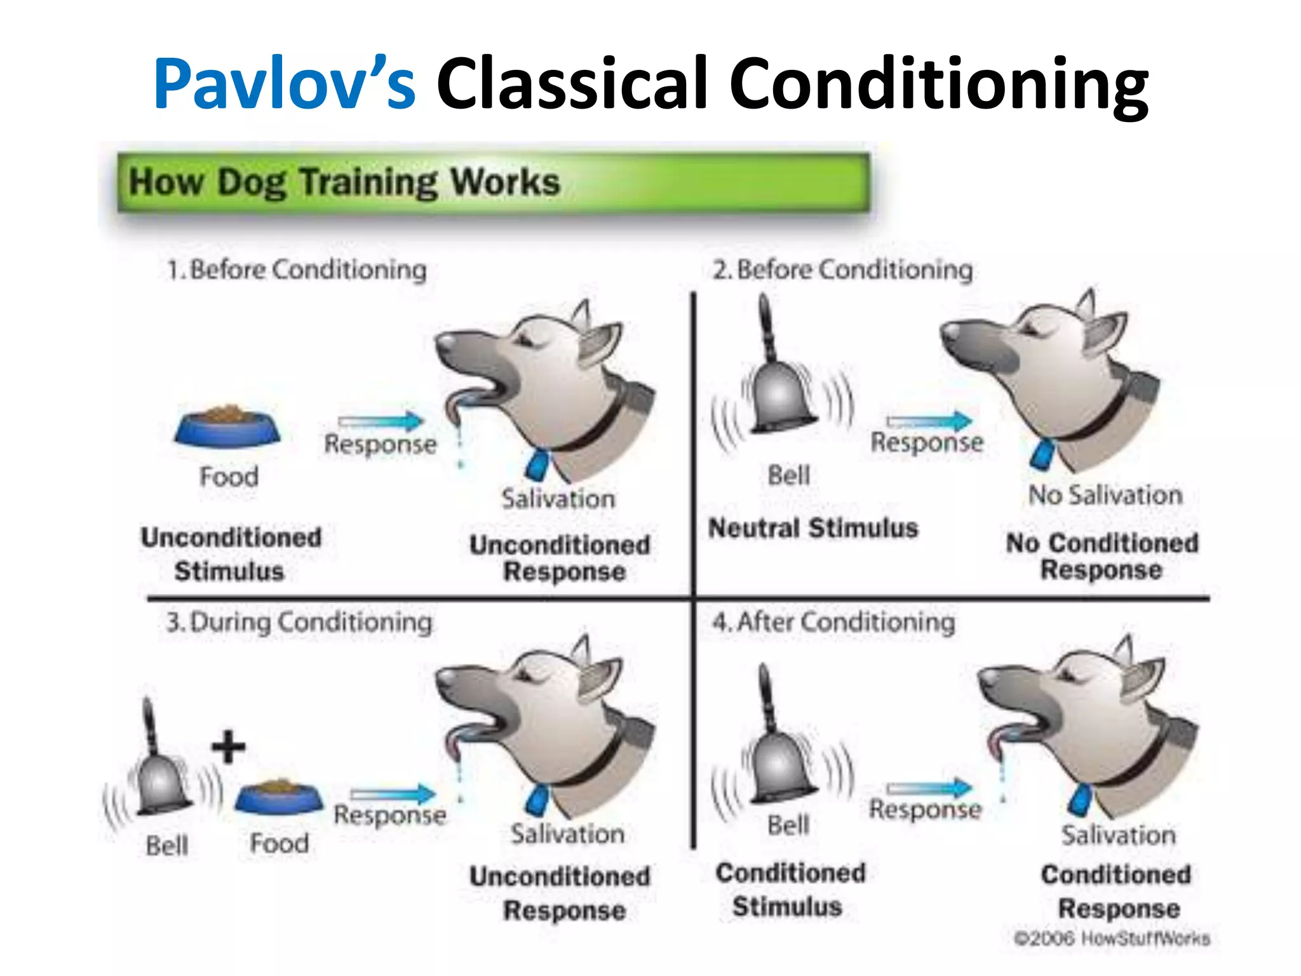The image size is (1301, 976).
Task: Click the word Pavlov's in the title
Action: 284,85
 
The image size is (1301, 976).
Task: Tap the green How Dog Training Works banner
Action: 492,182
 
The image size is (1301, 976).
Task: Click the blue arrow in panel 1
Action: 381,421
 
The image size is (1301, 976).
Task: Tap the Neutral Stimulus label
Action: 813,528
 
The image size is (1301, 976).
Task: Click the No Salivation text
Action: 1105,495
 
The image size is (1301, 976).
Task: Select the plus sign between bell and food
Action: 229,747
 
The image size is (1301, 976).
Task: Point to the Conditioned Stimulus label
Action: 790,890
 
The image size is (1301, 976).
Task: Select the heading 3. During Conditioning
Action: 299,622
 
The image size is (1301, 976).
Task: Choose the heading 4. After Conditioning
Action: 833,622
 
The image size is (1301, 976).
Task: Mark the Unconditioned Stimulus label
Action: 231,554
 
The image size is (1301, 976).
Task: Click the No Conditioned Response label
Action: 1102,556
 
